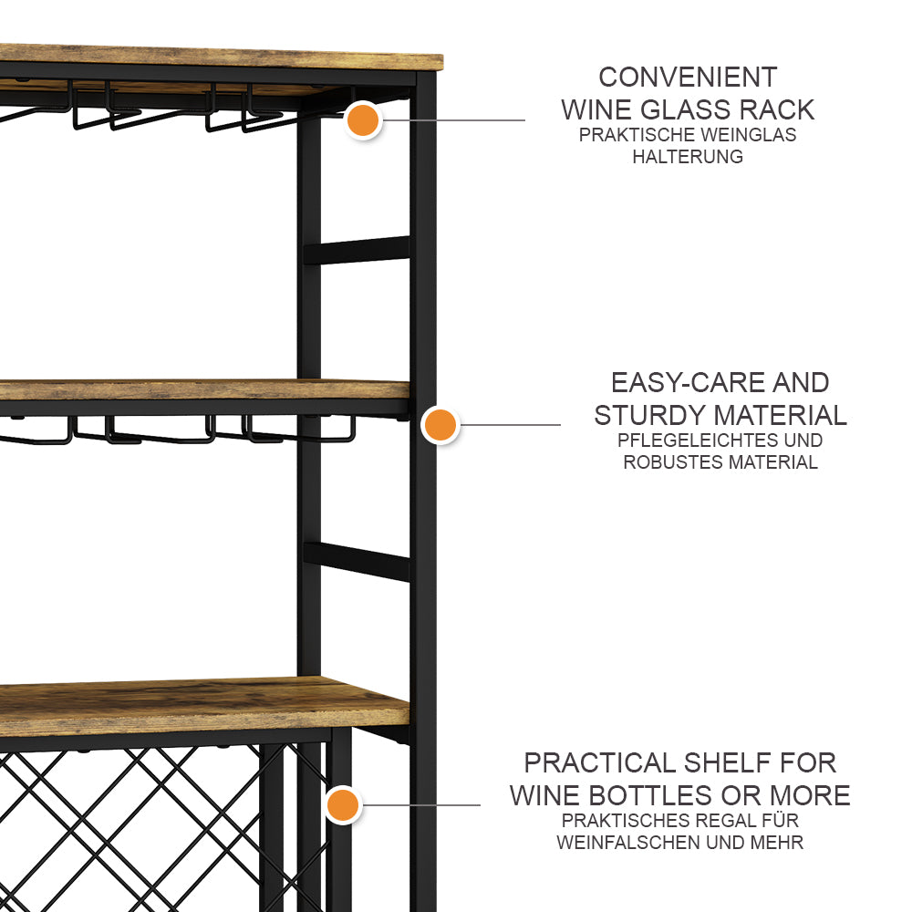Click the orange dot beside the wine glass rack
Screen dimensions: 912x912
click(x=363, y=120)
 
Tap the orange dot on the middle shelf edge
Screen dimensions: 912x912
click(x=440, y=425)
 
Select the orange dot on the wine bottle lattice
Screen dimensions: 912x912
click(x=343, y=805)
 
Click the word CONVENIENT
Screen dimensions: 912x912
click(x=688, y=78)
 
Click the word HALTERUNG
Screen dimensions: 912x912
click(x=688, y=157)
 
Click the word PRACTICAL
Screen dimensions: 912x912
click(x=600, y=763)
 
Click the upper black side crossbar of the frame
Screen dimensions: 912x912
click(x=357, y=250)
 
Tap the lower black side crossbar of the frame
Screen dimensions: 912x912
click(x=357, y=562)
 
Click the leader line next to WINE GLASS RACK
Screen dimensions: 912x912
click(x=453, y=120)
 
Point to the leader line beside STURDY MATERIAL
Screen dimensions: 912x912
click(x=510, y=425)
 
